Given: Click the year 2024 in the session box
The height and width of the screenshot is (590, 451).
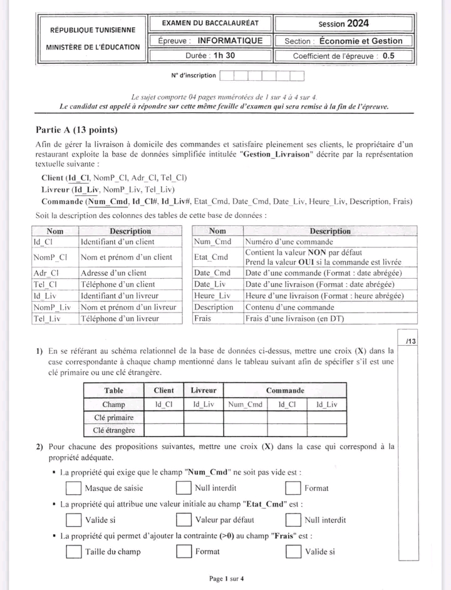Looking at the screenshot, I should [358, 24].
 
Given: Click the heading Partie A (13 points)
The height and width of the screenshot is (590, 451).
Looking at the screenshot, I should [77, 130].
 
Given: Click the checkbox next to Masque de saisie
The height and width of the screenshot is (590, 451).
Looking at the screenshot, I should [74, 487].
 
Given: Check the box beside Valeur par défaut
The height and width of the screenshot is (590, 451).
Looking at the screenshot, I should [184, 519].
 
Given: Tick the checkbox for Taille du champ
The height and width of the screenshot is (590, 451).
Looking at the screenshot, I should [74, 551].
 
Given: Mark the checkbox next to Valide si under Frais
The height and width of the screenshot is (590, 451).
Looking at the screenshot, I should [293, 551].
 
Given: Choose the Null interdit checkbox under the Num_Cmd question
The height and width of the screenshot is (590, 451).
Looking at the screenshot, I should [184, 487].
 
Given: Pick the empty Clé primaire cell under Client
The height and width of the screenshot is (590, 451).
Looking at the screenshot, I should [164, 417].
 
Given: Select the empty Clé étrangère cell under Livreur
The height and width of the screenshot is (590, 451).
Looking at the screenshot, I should [204, 430].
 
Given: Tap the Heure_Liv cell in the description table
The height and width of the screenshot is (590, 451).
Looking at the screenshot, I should [213, 296].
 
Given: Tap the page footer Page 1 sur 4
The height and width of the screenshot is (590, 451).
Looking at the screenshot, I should [227, 579].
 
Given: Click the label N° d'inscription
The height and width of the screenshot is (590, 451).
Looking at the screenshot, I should [194, 76].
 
